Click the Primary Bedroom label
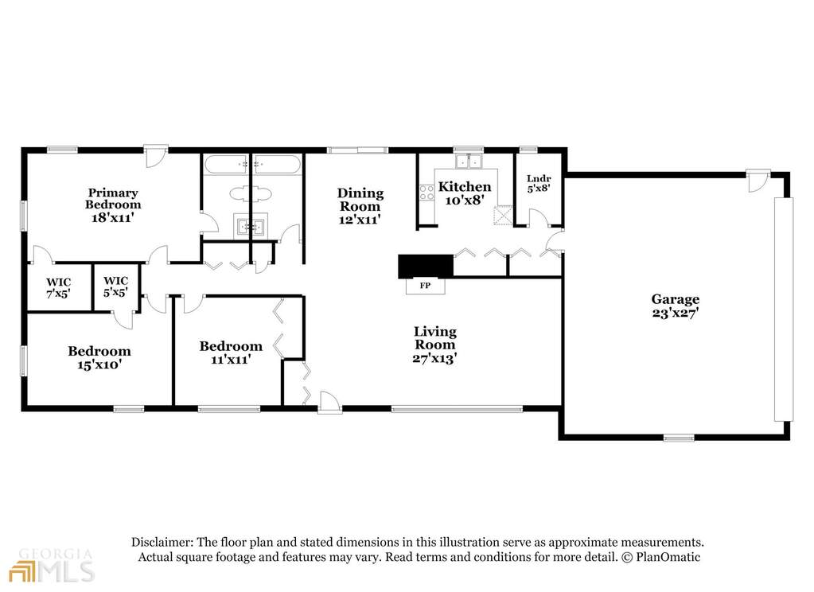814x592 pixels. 113,198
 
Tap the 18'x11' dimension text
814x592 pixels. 113,217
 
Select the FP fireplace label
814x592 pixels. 425,285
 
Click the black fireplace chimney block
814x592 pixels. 426,266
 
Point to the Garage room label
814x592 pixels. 676,300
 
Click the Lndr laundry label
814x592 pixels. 539,179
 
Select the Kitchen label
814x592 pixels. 465,186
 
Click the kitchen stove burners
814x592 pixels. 426,193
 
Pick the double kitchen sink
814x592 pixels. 468,161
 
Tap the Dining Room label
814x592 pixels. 360,200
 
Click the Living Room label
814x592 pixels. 435,337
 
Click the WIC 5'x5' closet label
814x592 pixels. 115,286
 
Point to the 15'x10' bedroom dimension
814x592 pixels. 99,364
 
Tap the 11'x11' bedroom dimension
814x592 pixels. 231,359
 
